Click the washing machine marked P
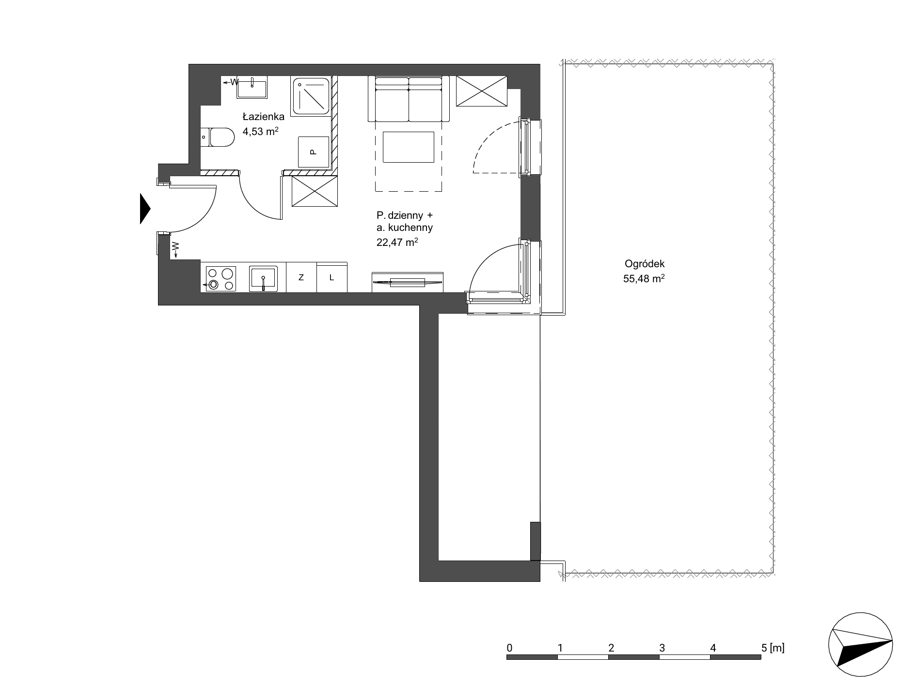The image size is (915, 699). [313, 152]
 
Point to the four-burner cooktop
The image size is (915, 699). [221, 279]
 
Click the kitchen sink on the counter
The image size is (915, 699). [263, 278]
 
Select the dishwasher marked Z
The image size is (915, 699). [301, 277]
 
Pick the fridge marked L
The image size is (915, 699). [332, 277]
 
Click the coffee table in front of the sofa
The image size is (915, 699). [409, 147]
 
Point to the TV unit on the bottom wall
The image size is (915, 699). [408, 282]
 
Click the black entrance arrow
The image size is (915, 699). [145, 209]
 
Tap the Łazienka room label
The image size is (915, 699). [263, 116]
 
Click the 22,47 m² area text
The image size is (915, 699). [397, 243]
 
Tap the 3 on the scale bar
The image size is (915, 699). [662, 647]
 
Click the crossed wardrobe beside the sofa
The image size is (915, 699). [481, 91]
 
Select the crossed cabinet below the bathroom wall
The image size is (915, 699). [314, 191]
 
